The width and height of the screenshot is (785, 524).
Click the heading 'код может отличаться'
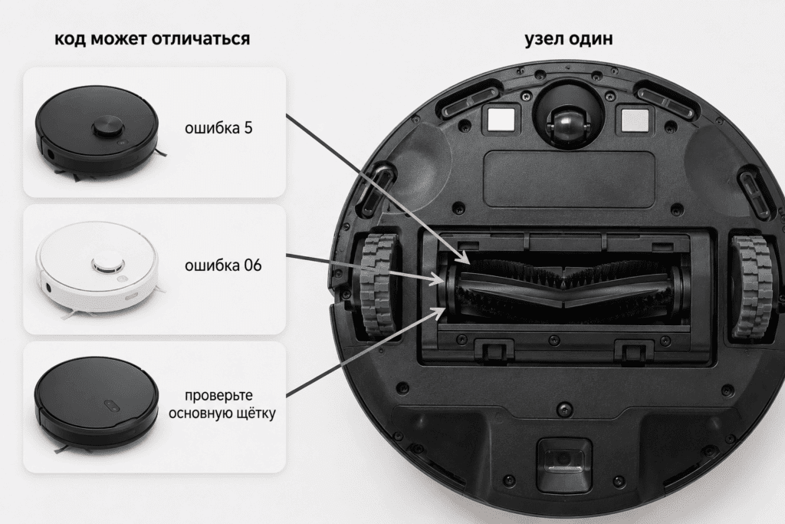(x=153, y=38)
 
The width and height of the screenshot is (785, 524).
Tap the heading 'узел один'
(x=569, y=38)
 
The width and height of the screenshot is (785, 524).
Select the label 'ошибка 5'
(x=218, y=128)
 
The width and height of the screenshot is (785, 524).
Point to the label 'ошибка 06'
(x=223, y=265)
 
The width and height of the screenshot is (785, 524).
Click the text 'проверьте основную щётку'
(x=222, y=404)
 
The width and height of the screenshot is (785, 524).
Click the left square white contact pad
(x=501, y=120)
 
